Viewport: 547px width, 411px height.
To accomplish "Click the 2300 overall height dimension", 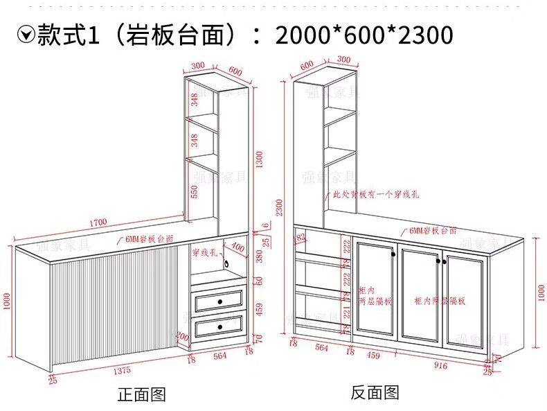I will [x=280, y=209].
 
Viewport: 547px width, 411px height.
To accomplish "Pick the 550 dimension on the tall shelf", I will [x=195, y=191].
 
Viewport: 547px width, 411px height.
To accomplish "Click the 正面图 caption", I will [x=142, y=394].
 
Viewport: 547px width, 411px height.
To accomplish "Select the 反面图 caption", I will [x=375, y=393].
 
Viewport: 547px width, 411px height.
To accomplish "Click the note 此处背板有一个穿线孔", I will [x=375, y=195].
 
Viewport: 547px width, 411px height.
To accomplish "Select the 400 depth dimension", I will [x=237, y=246].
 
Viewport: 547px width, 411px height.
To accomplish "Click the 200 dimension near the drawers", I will [x=181, y=337].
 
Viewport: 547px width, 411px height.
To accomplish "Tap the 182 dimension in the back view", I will [x=301, y=237].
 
